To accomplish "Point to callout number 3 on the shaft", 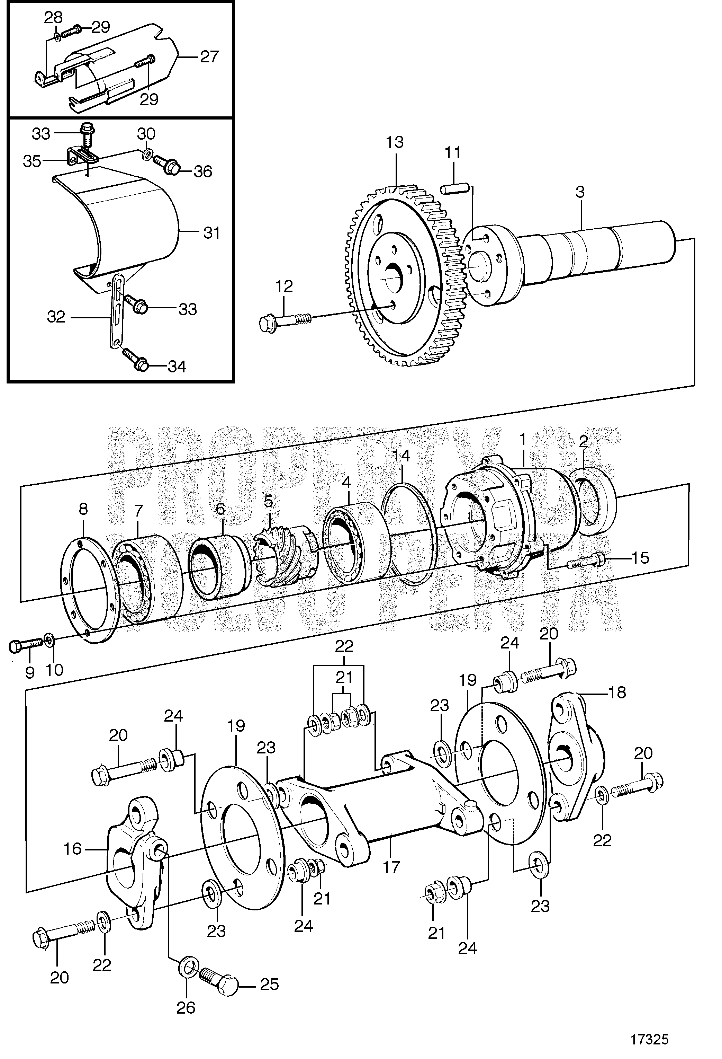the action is click(579, 192).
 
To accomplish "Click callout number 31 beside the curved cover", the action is click(212, 233).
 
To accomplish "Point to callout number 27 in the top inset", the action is click(209, 56).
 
